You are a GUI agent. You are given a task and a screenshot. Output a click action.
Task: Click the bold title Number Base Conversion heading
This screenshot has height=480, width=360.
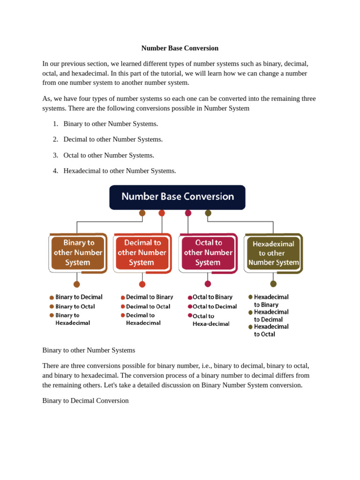point(180,48)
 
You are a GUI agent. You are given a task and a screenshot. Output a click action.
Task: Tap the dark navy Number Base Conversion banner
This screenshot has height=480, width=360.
point(177,197)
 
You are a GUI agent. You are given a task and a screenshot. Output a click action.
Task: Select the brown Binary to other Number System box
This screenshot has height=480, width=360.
point(77,253)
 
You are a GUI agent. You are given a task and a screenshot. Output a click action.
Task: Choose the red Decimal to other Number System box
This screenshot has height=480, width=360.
point(142,253)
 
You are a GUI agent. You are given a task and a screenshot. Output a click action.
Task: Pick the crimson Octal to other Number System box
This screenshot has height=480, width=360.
point(208,253)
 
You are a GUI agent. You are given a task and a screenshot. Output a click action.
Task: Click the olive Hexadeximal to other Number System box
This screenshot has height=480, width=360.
point(273,253)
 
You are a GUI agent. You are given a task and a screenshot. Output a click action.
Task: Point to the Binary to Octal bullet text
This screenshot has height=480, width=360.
point(75,307)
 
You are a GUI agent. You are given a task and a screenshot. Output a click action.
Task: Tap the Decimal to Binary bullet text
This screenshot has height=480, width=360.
point(149,297)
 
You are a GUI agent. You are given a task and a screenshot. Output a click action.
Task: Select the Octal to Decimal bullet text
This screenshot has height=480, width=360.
point(215,307)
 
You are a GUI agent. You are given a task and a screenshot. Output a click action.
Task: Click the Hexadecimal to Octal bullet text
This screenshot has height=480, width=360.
point(271,330)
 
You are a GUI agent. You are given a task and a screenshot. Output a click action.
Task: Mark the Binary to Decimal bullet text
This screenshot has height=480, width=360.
point(79,297)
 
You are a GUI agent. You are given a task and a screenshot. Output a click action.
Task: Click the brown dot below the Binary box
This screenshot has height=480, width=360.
point(77,284)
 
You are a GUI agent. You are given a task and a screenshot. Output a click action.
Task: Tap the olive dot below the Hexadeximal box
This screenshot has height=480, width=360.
point(273,284)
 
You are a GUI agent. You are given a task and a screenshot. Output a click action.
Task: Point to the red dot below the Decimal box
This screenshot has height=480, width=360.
point(142,284)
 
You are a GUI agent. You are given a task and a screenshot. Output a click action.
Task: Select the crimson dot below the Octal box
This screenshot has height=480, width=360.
point(208,284)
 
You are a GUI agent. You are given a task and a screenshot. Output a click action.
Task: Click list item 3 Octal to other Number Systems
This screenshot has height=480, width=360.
point(109,155)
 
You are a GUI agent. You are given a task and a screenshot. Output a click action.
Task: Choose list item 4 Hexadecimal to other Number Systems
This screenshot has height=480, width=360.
point(120,171)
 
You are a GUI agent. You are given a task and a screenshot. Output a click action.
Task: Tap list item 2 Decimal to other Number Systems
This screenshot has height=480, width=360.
point(113,139)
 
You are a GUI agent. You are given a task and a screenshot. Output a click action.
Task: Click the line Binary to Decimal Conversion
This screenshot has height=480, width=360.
point(85,401)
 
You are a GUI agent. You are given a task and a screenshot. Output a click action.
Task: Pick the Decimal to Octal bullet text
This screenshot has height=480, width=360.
point(148,307)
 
